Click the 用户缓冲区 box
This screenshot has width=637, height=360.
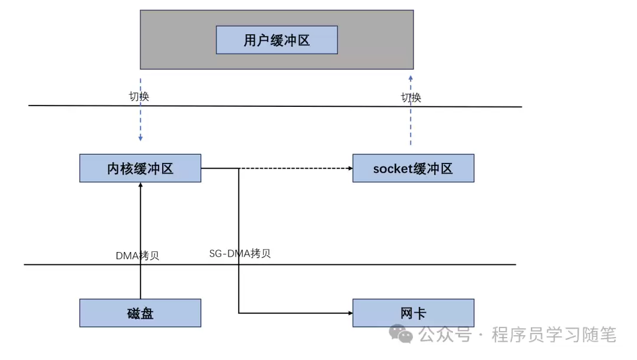click(277, 40)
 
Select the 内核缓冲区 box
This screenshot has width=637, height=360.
click(140, 168)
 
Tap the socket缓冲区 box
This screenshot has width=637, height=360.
click(413, 168)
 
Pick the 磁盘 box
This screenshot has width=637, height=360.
click(140, 313)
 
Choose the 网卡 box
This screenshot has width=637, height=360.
click(413, 313)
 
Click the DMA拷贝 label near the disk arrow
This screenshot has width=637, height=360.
click(137, 256)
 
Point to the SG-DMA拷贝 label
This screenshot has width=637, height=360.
click(240, 254)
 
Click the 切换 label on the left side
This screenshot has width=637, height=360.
click(139, 97)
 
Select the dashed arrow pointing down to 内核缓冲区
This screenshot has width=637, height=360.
click(140, 124)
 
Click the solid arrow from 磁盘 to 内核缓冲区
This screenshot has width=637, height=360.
click(140, 236)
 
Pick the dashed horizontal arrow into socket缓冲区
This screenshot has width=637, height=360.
click(295, 169)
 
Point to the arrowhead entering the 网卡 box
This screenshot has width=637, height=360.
click(349, 313)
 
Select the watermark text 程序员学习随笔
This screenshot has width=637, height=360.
click(554, 335)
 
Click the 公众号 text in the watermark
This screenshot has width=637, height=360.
click(445, 335)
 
